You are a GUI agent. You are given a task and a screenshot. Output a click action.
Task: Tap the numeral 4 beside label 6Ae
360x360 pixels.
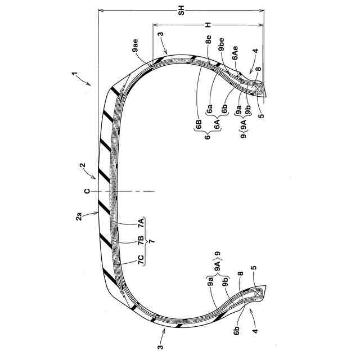[256, 51]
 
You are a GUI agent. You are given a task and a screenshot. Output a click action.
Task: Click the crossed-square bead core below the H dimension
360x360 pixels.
[259, 88]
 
